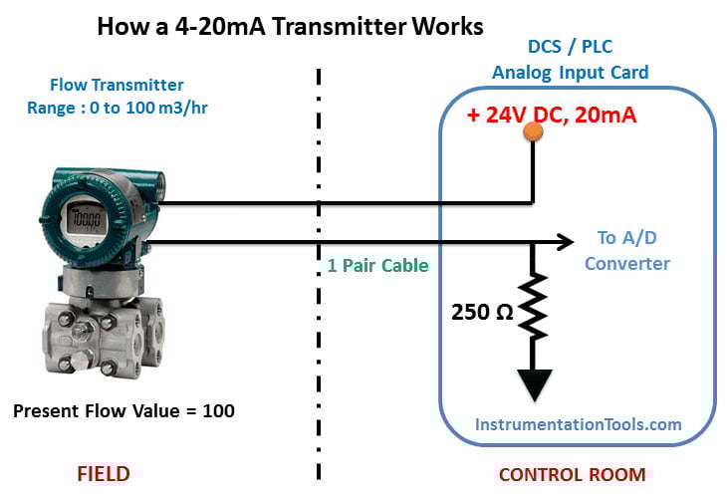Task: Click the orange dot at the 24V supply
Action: tap(533, 131)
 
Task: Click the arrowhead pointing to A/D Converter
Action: tap(568, 241)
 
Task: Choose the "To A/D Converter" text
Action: tap(626, 251)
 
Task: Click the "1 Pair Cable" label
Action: tap(377, 266)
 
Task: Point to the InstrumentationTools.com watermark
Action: tap(578, 423)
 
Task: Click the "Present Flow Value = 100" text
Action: tap(123, 409)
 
